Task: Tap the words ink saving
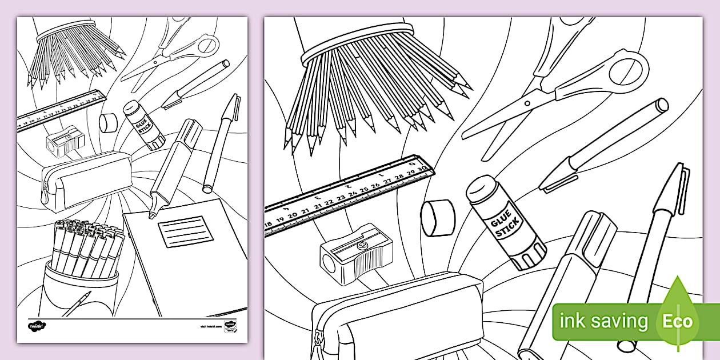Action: (603, 321)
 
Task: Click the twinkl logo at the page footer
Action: (37, 326)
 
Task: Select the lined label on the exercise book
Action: (181, 232)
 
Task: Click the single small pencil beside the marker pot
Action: (77, 304)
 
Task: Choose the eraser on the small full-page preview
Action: (107, 122)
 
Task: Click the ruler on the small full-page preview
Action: (62, 110)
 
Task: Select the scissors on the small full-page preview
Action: (171, 51)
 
